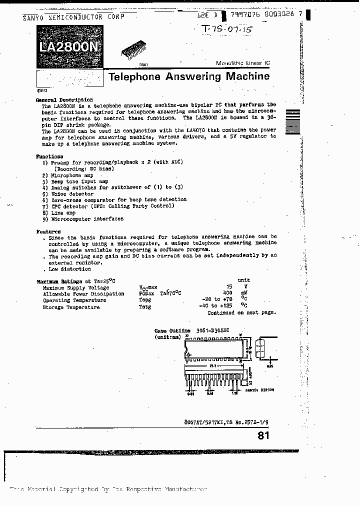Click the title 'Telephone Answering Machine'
(188, 76)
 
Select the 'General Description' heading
(64, 100)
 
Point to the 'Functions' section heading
(50, 156)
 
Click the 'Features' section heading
(48, 231)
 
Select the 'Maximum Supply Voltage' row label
(75, 287)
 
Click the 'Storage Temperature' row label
(71, 307)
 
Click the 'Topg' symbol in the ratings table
(144, 300)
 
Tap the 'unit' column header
(243, 280)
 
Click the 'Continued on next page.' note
(241, 312)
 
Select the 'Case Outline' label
(172, 330)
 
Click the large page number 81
(263, 435)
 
